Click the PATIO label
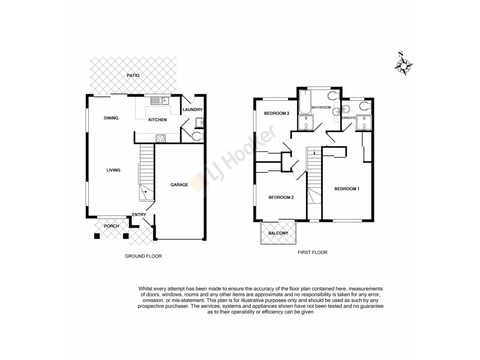133,76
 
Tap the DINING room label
110,118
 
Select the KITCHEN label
158,120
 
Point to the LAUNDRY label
193,109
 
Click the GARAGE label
179,185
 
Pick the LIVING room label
113,170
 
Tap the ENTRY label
139,215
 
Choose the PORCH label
112,226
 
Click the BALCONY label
278,233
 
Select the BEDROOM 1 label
347,190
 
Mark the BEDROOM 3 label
277,113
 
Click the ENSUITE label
349,119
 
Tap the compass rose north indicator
405,64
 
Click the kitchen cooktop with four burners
161,137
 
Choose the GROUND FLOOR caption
143,256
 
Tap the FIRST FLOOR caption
313,253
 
